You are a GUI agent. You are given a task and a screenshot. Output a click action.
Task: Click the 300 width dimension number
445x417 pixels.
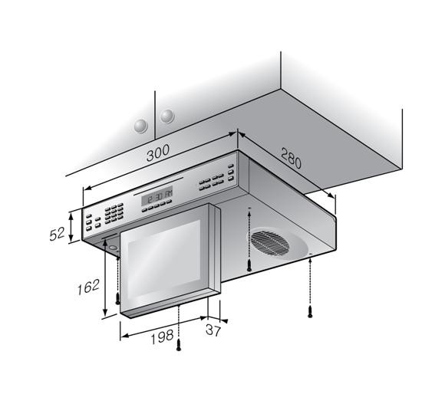pos(158,153)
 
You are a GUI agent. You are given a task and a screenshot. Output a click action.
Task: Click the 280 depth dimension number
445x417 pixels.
pos(291,158)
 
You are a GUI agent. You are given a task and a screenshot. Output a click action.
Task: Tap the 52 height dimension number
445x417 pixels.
pos(58,235)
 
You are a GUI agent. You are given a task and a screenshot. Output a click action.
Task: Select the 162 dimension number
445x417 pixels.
pos(88,287)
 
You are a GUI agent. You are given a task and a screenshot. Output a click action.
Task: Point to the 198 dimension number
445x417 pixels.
pos(162,337)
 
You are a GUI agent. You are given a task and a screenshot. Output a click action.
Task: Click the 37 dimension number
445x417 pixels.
pos(213,330)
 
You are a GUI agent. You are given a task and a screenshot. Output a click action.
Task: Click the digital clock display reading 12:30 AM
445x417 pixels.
pos(157,196)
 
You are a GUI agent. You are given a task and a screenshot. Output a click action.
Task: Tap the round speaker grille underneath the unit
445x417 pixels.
pos(269,243)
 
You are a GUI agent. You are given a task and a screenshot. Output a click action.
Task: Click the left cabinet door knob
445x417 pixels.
pos(140,126)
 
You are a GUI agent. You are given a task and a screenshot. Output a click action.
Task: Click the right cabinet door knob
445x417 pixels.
pos(167,116)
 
